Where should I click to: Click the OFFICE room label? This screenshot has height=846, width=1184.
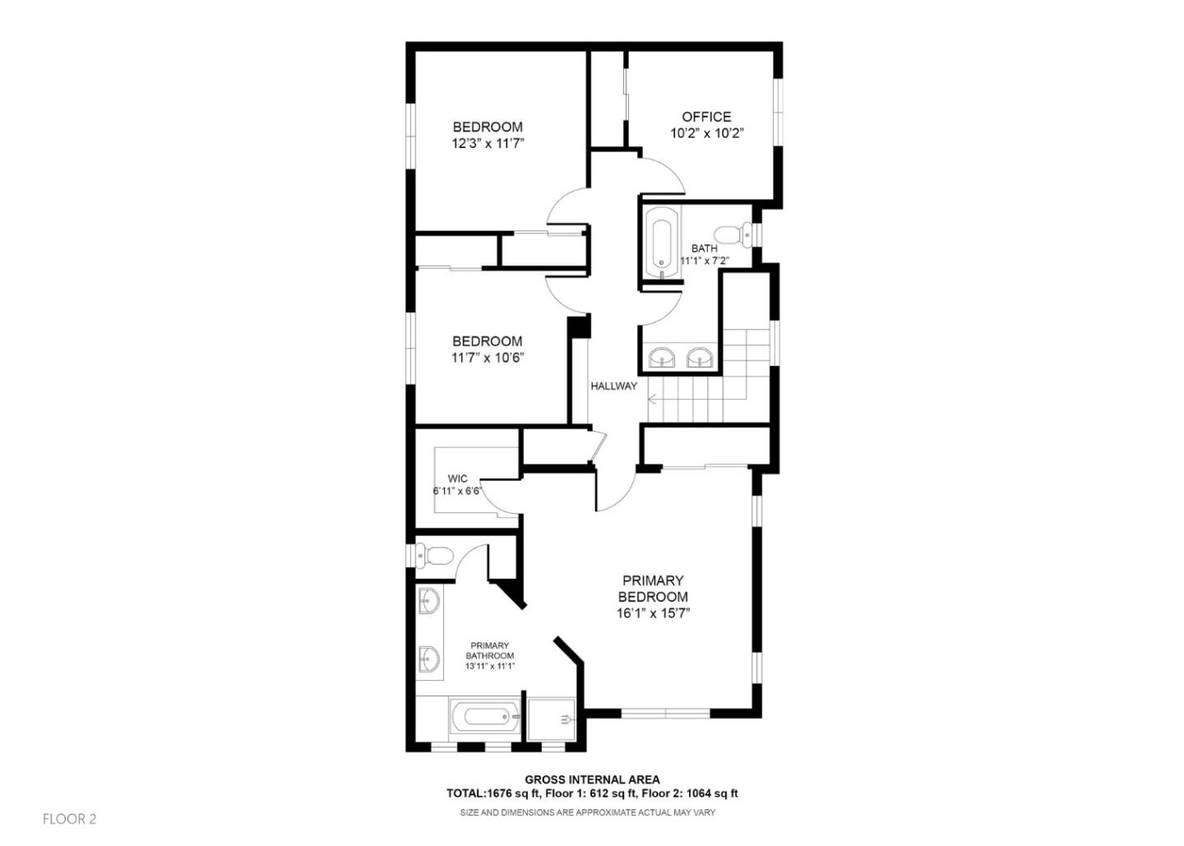(x=705, y=117)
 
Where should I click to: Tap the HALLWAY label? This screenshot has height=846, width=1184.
(x=613, y=386)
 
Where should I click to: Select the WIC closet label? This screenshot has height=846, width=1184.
(x=458, y=478)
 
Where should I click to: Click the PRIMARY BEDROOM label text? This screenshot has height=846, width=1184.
(x=652, y=589)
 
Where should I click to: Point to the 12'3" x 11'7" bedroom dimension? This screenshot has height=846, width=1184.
(x=488, y=143)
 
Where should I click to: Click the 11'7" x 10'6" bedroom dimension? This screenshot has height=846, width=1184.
(x=488, y=358)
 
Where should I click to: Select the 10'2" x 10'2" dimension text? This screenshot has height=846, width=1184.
(x=706, y=133)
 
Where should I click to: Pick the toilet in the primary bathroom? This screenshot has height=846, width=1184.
(x=433, y=557)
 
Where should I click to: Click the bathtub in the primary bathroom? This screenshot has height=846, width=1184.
(x=485, y=718)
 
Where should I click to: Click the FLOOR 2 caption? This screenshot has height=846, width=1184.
(x=69, y=819)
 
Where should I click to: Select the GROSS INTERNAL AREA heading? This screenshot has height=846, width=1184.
(x=592, y=779)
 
